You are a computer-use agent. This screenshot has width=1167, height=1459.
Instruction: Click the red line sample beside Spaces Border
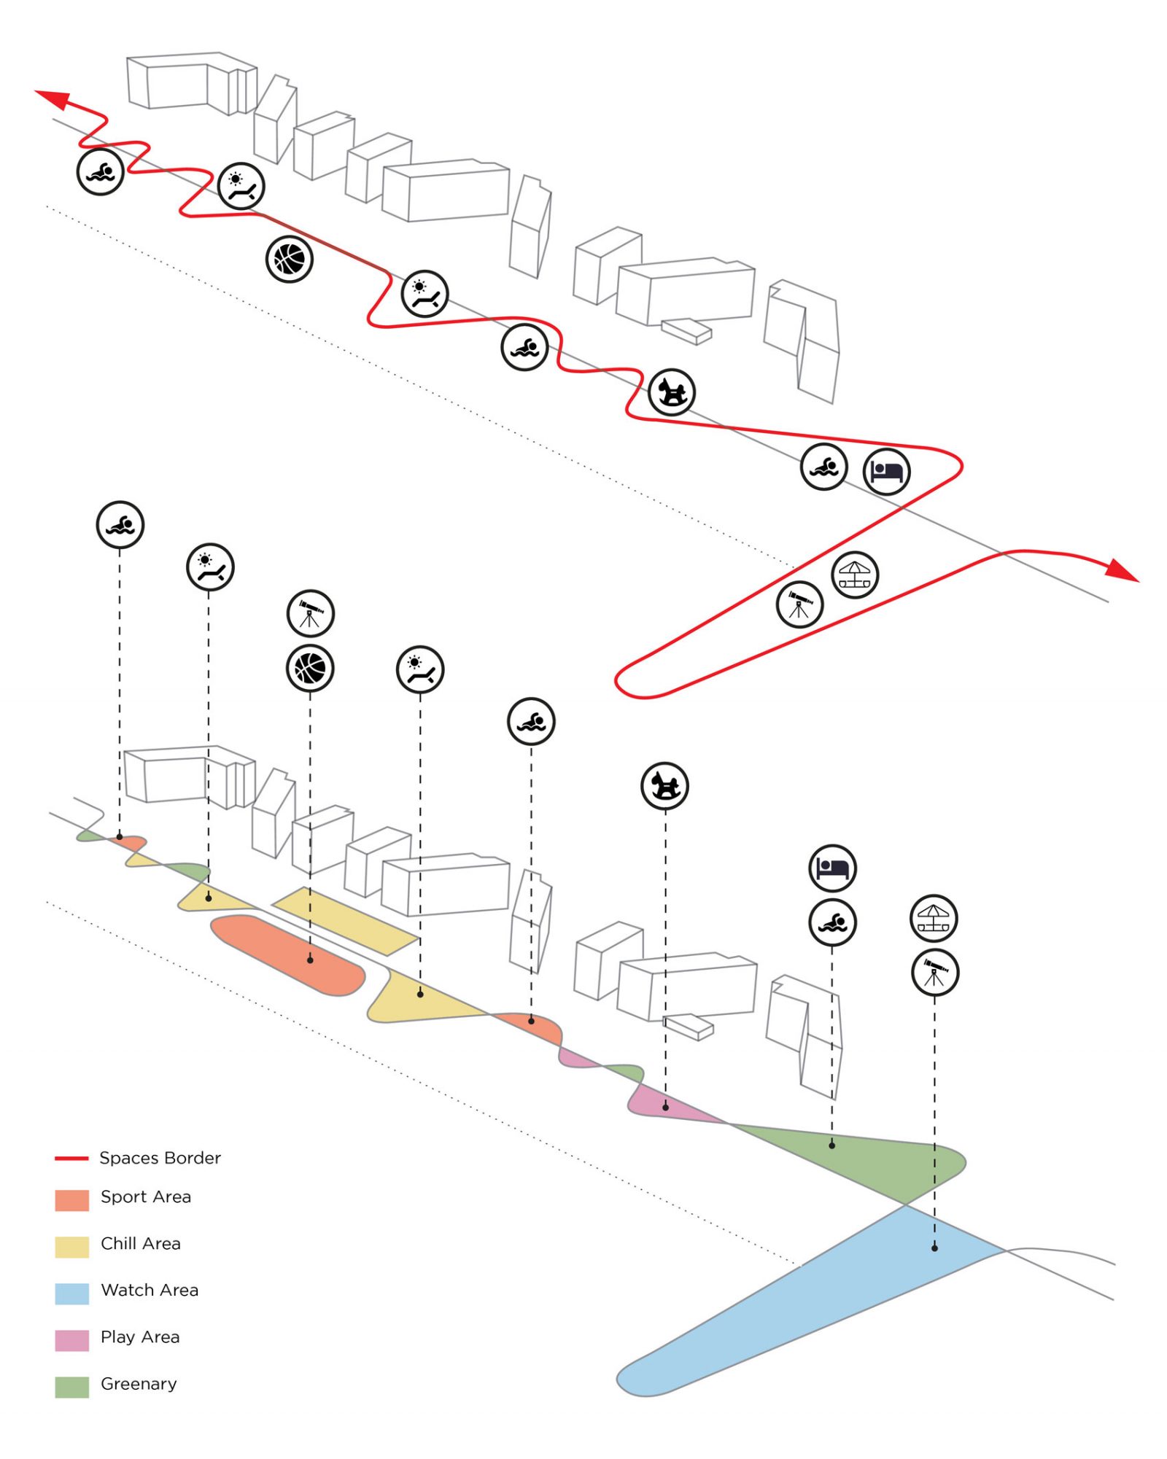point(71,1158)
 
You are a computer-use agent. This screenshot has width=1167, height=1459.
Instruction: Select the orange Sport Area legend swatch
point(71,1200)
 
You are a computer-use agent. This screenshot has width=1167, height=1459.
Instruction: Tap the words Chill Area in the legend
point(140,1243)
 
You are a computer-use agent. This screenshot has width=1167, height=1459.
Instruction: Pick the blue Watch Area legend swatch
point(71,1293)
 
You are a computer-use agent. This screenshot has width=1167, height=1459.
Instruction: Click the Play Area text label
point(139,1337)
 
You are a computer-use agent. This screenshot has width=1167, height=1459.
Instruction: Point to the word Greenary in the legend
point(139,1383)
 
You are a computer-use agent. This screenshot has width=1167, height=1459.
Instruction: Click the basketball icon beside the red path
point(290,259)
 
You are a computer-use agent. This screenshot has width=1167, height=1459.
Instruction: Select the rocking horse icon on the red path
point(672,392)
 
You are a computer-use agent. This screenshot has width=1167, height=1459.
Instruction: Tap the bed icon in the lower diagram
point(832,868)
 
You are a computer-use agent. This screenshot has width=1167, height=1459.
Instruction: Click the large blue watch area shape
point(802,1305)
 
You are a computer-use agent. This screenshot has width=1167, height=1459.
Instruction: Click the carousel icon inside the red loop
point(855,575)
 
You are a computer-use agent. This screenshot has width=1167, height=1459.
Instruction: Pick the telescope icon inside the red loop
point(799,604)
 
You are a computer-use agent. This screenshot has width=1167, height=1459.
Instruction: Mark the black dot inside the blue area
point(934,1248)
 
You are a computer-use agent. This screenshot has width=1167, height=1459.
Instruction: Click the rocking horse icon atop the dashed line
point(664,786)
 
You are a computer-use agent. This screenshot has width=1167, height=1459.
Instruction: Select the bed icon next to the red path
point(886,472)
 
